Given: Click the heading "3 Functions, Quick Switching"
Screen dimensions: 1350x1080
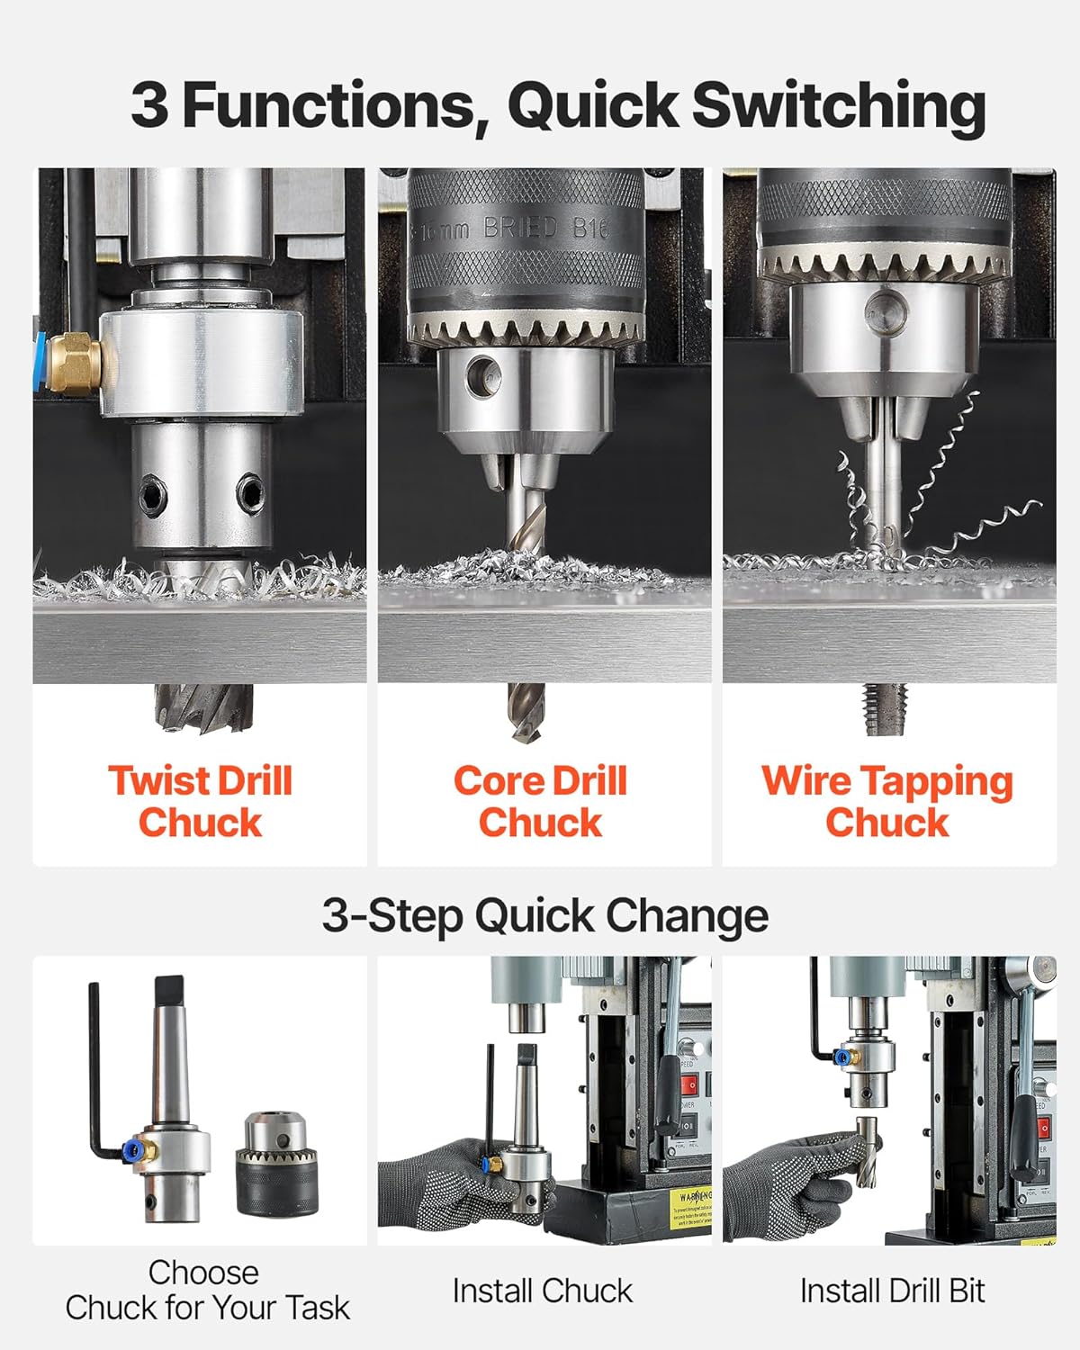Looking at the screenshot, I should pyautogui.click(x=558, y=106).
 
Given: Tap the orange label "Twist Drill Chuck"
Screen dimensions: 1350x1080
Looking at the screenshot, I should pyautogui.click(x=200, y=801).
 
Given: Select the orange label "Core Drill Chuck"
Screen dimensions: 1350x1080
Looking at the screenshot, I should pyautogui.click(x=540, y=801).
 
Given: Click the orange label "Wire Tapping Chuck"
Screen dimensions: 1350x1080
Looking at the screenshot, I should pyautogui.click(x=887, y=801).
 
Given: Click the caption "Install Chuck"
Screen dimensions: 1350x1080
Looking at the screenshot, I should pyautogui.click(x=542, y=1291).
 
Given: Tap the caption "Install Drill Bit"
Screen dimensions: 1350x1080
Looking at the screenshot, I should pyautogui.click(x=892, y=1291).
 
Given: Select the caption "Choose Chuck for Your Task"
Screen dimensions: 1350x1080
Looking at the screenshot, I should pyautogui.click(x=206, y=1290).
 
